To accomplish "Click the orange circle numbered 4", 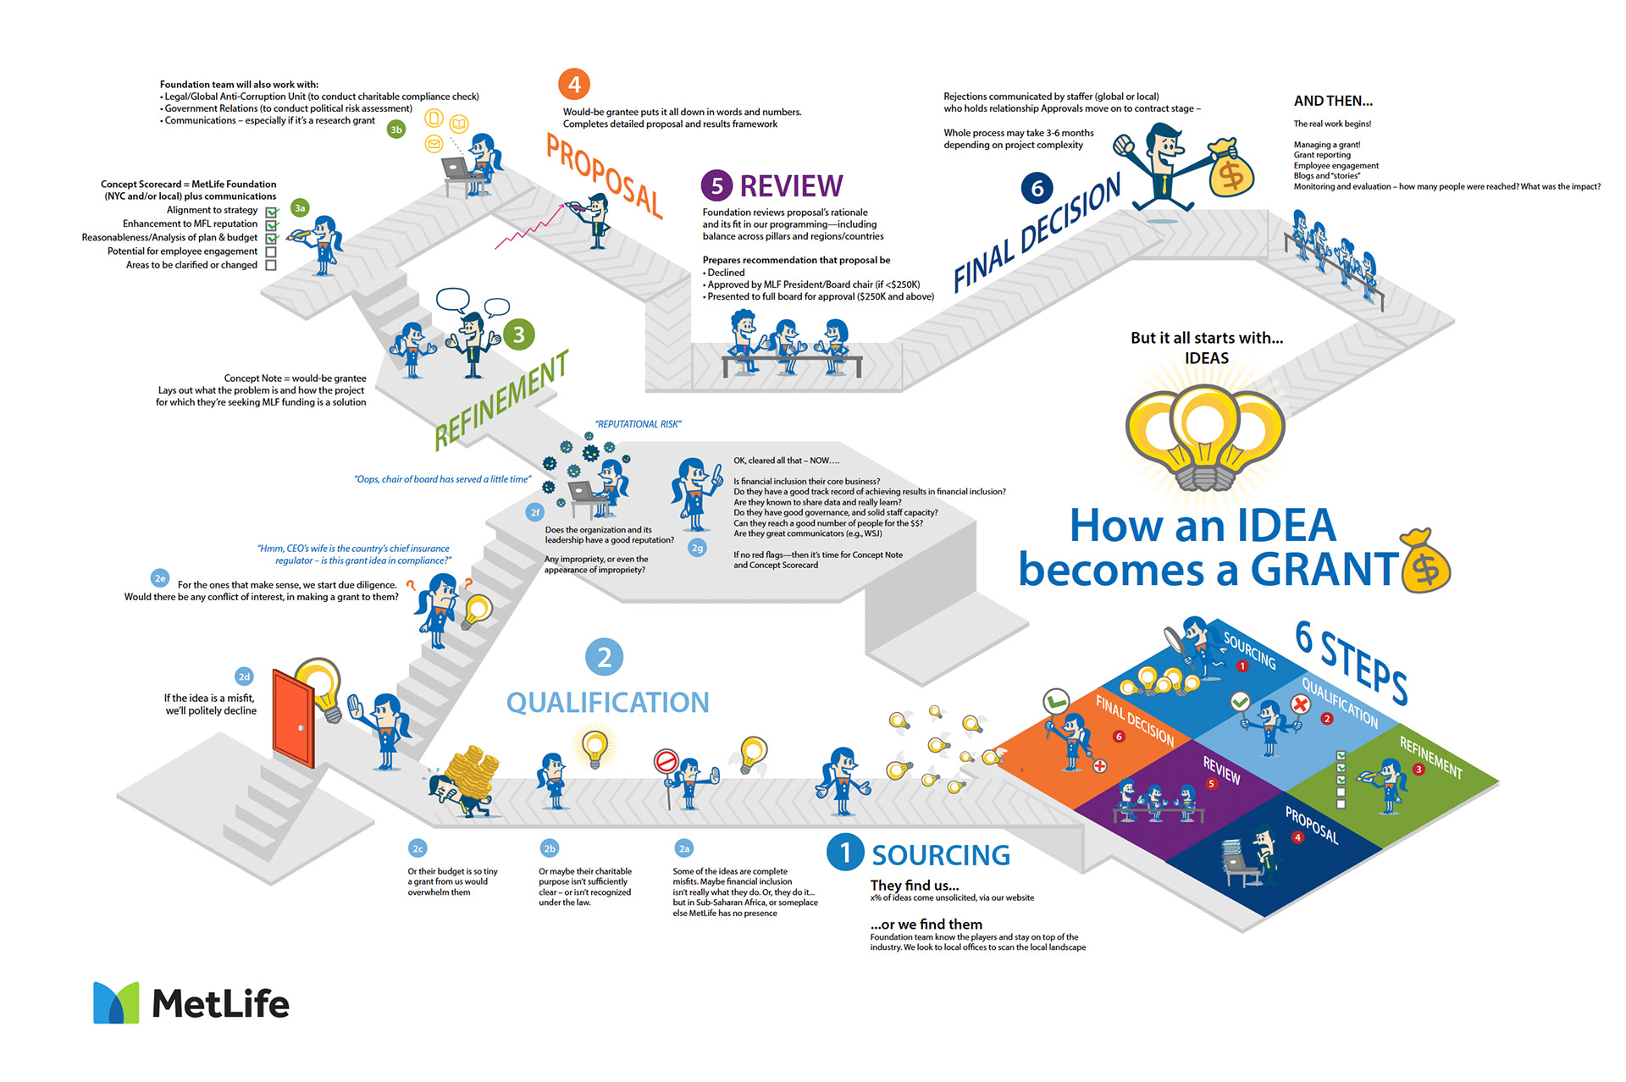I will pos(574,85).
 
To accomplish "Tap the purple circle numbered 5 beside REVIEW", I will pos(716,186).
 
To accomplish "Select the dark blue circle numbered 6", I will pos(1037,188).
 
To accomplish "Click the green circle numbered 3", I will pos(518,334).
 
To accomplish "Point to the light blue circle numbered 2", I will pos(604,657).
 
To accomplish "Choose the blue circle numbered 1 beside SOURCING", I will pos(844,853).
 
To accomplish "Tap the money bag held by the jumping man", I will pos(1231,169).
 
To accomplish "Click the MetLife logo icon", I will pos(116,1003).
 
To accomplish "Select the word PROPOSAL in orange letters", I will pos(604,176).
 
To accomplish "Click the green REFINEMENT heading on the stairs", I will pos(501,400).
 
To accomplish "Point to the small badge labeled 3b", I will pos(395,130).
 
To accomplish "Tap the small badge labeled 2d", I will pos(244,676).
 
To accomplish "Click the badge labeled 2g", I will pos(697,548).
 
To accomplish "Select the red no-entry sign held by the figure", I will pos(666,761).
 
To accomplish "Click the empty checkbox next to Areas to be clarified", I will pos(271,265).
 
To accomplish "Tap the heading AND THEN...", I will pos(1333,101).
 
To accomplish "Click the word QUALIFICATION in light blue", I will pos(607,703).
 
